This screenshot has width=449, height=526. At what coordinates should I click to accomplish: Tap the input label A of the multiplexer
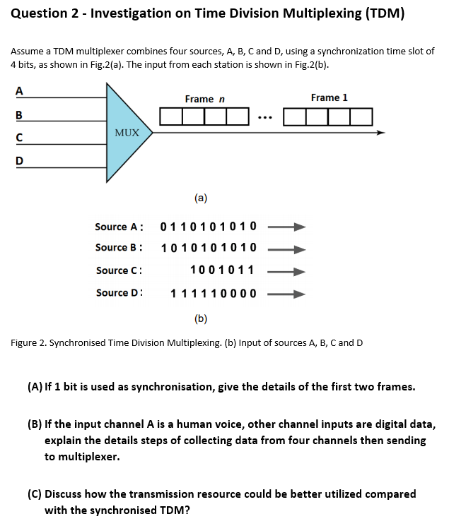coord(18,90)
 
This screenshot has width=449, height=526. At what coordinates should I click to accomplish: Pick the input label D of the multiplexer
coord(18,160)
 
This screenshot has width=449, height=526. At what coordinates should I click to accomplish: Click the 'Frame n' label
coord(205,99)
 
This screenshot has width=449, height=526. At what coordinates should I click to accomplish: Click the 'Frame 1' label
coord(329,97)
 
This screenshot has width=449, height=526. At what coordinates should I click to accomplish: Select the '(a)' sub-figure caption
coord(201,198)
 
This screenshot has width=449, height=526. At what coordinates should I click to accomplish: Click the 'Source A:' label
coord(119,227)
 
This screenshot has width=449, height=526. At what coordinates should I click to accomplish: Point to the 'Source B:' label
coord(119,248)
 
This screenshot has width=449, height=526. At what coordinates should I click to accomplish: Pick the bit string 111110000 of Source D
coord(214,293)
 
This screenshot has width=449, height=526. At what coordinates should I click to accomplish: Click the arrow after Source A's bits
coord(287,227)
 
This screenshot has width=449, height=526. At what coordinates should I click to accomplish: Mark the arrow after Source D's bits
coord(287,293)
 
